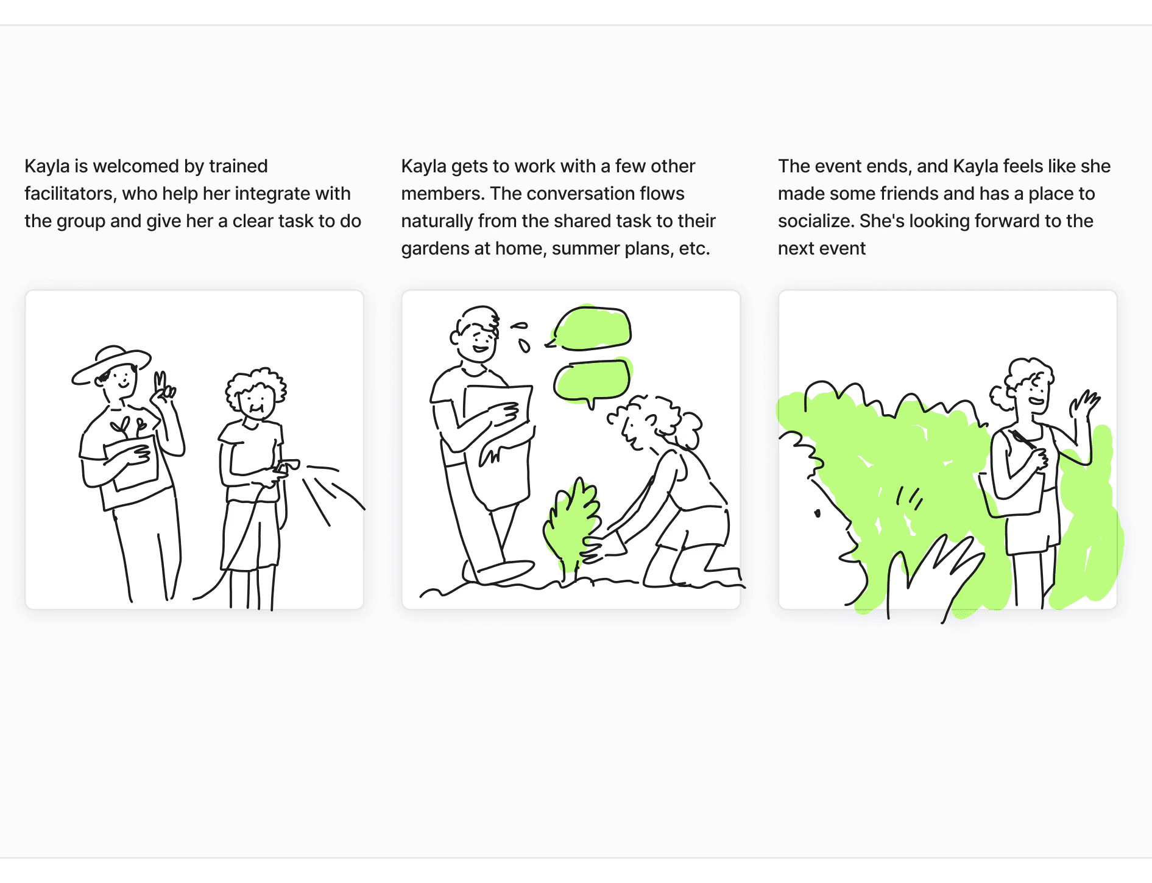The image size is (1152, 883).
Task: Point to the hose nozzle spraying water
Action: [x=286, y=466]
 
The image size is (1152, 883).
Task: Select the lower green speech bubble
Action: [x=592, y=381]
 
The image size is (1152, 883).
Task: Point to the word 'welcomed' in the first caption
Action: [x=136, y=166]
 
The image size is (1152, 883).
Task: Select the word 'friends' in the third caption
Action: [x=910, y=194]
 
